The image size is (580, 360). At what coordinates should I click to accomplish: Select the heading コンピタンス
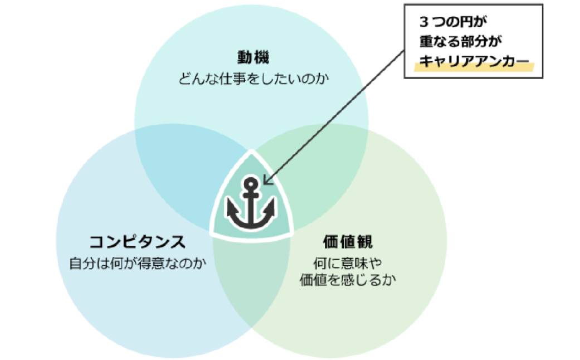pyautogui.click(x=137, y=242)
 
